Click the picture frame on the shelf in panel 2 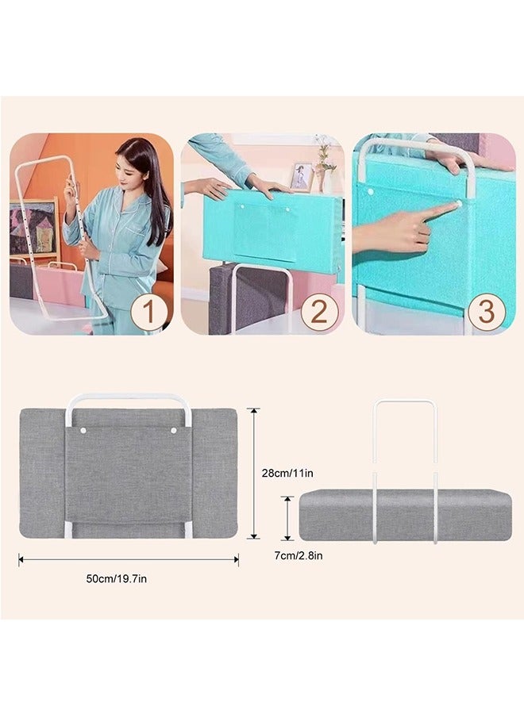click(x=302, y=176)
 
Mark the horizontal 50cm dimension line click(x=128, y=559)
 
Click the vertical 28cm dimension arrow click(x=253, y=473)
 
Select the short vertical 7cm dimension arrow click(x=288, y=517)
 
